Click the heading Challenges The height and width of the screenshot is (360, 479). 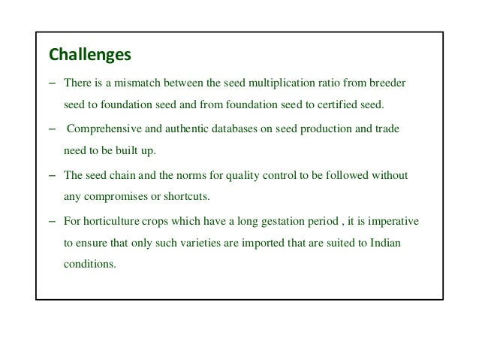(89, 55)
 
